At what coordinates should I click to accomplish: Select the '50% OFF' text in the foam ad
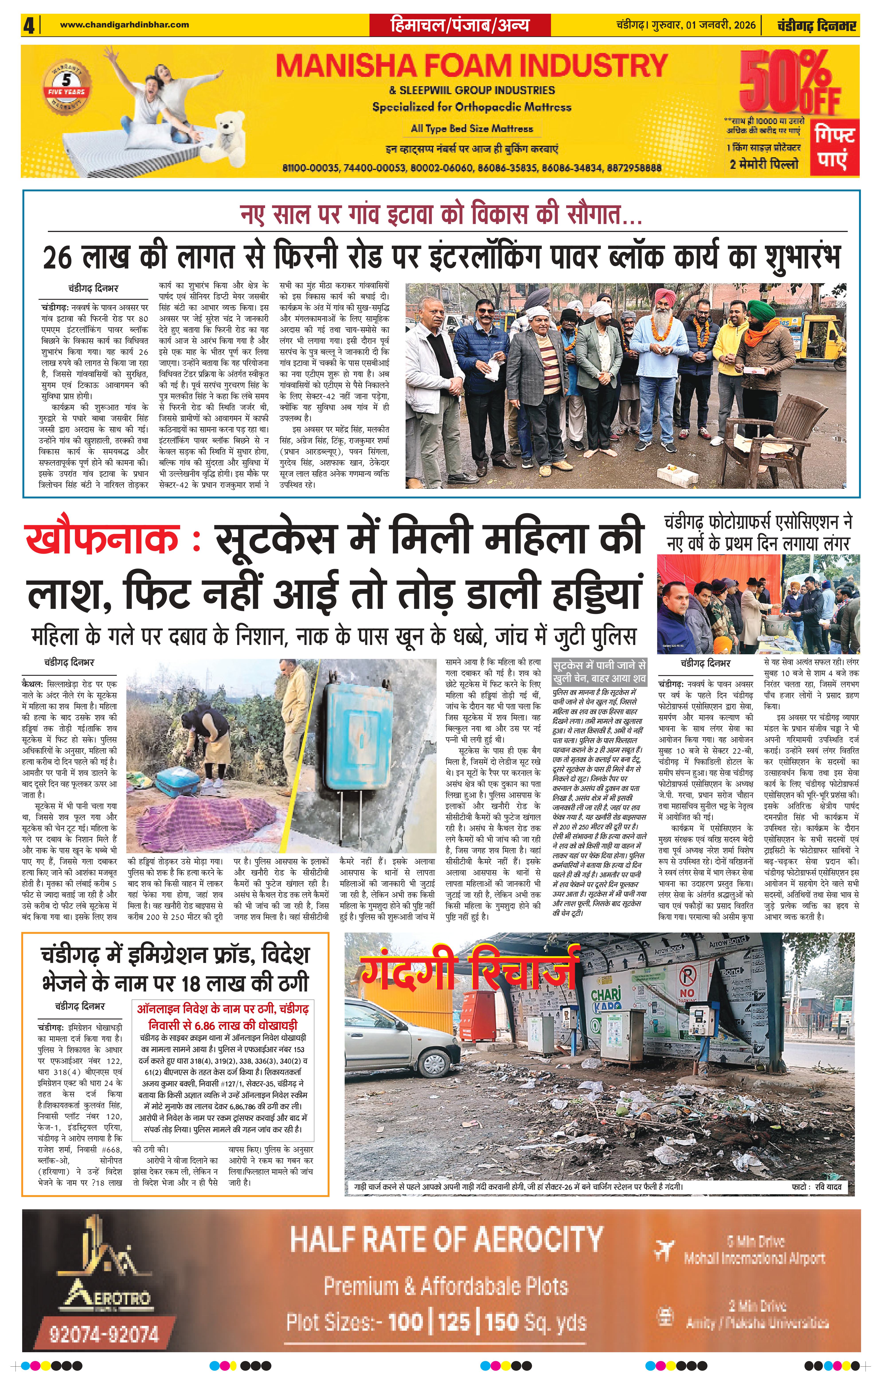click(x=789, y=84)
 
